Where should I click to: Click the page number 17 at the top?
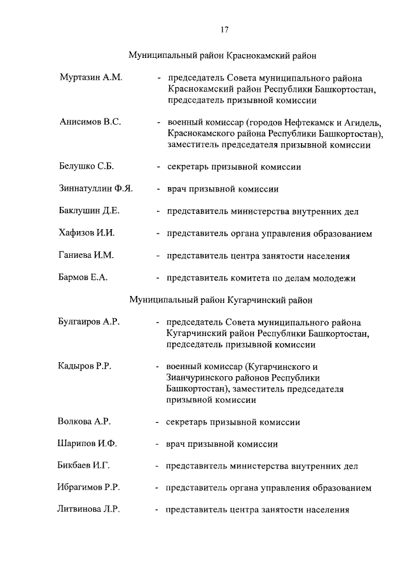pos(225,29)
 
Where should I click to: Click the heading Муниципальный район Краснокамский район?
pos(223,56)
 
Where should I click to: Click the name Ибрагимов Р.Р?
pos(90,488)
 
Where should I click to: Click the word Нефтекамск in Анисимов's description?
pos(304,122)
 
